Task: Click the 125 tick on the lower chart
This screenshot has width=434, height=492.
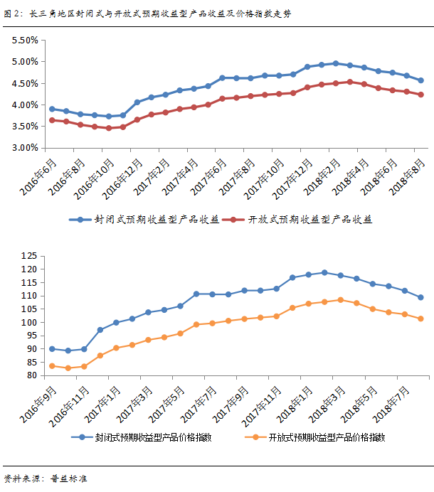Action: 28,256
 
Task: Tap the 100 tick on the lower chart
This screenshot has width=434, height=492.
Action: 28,322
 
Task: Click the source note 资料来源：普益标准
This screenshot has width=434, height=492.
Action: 45,478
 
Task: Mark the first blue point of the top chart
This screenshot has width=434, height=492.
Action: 52,109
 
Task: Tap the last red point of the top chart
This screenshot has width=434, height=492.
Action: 420,95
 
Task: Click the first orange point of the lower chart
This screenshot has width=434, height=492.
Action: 52,365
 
